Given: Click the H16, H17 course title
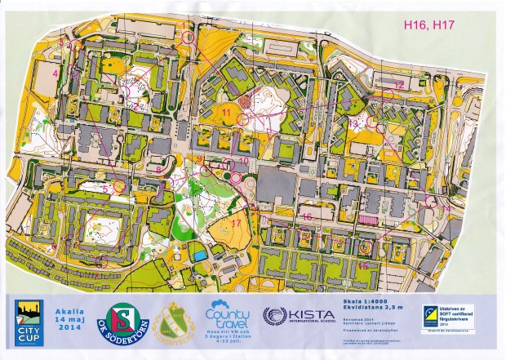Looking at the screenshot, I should click(429, 25).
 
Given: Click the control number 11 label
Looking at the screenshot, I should click(226, 110).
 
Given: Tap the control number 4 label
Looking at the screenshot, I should click(55, 73).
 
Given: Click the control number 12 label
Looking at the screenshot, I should click(399, 84).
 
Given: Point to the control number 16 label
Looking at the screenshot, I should click(307, 216).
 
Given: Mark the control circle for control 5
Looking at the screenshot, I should click(119, 185).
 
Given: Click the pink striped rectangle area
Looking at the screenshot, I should click(370, 220).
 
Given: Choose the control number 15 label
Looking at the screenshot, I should click(362, 265).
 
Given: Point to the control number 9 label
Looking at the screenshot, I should click(200, 158).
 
